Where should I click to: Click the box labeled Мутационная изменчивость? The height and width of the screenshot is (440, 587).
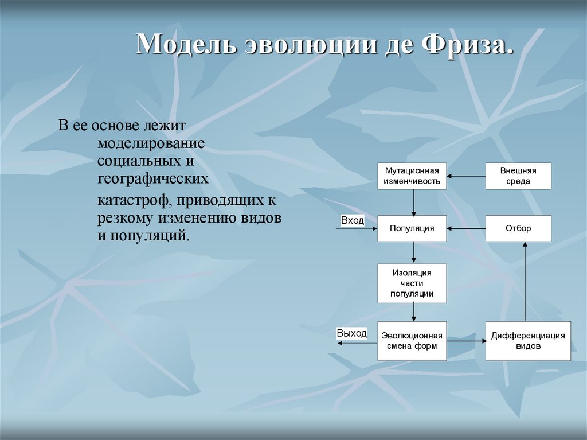point(412,176)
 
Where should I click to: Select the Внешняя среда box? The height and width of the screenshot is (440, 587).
point(518,176)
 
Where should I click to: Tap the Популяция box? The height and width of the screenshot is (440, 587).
point(412,228)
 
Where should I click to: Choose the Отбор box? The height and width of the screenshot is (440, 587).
point(518,228)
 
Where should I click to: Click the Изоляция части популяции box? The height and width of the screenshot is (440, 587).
point(412,283)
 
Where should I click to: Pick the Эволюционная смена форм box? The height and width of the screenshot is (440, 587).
point(412,341)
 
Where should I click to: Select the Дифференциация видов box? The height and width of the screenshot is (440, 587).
point(528,341)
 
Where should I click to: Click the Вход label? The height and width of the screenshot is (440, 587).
point(352,220)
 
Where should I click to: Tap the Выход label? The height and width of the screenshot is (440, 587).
point(351,333)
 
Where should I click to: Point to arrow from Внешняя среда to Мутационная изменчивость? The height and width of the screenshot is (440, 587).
point(466,176)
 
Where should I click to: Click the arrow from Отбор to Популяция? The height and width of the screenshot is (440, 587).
point(466,228)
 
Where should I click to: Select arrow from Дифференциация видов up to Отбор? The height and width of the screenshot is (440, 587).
point(525,281)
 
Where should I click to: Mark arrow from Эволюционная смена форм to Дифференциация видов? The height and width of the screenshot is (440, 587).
point(466,341)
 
